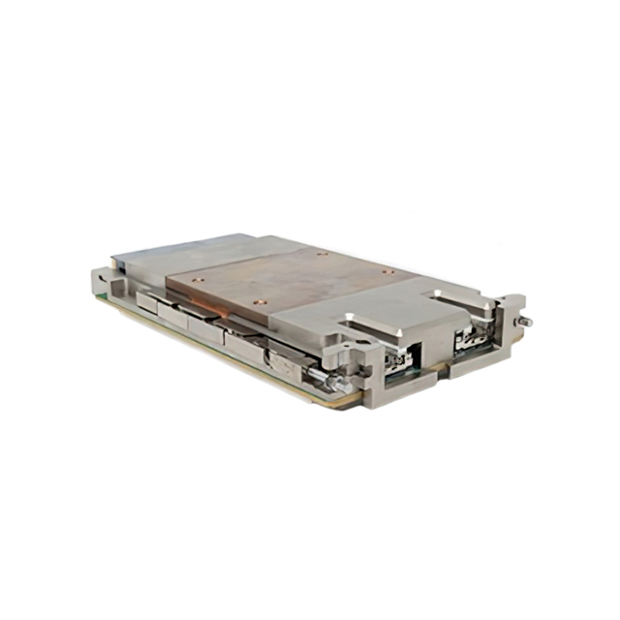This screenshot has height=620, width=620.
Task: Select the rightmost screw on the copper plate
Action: coord(387,271)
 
